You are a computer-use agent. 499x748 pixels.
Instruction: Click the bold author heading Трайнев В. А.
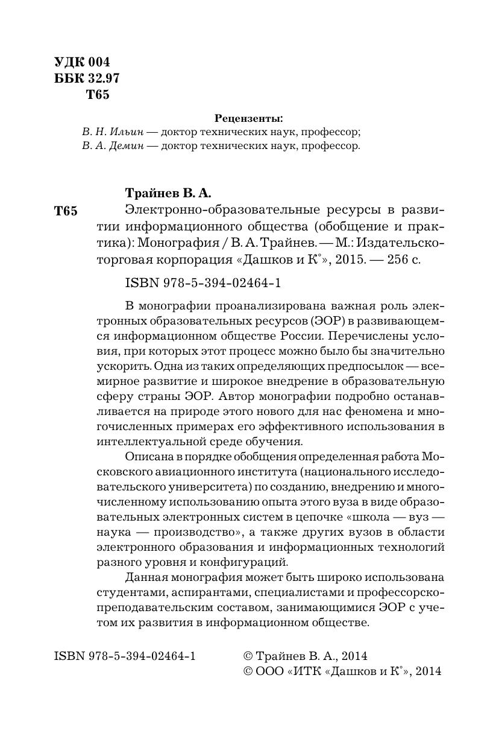(x=168, y=193)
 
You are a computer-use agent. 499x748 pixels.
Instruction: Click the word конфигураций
(x=245, y=562)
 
